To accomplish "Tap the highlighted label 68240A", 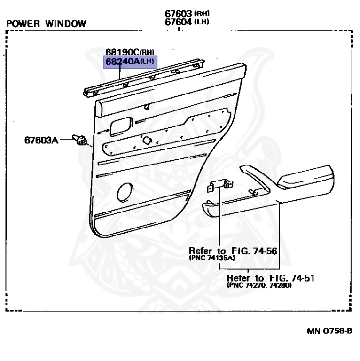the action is [x=123, y=62].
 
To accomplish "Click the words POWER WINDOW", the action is [x=47, y=24].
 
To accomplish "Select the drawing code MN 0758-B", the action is [x=329, y=330].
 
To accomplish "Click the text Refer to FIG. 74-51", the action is [x=270, y=277].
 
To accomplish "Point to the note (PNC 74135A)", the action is [x=212, y=258].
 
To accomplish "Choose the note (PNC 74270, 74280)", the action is [x=258, y=285].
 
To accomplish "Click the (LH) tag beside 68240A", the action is [x=149, y=62].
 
